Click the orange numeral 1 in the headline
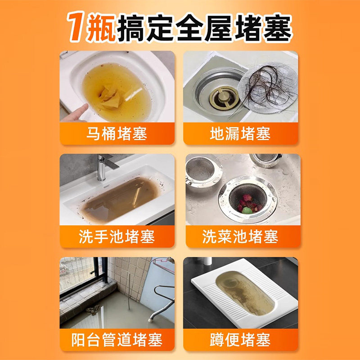[77, 26]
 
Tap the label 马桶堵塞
[117, 134]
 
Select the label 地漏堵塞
[240, 134]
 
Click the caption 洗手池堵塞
[117, 237]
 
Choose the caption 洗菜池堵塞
[240, 237]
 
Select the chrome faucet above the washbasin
[104, 166]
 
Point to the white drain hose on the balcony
[157, 306]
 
